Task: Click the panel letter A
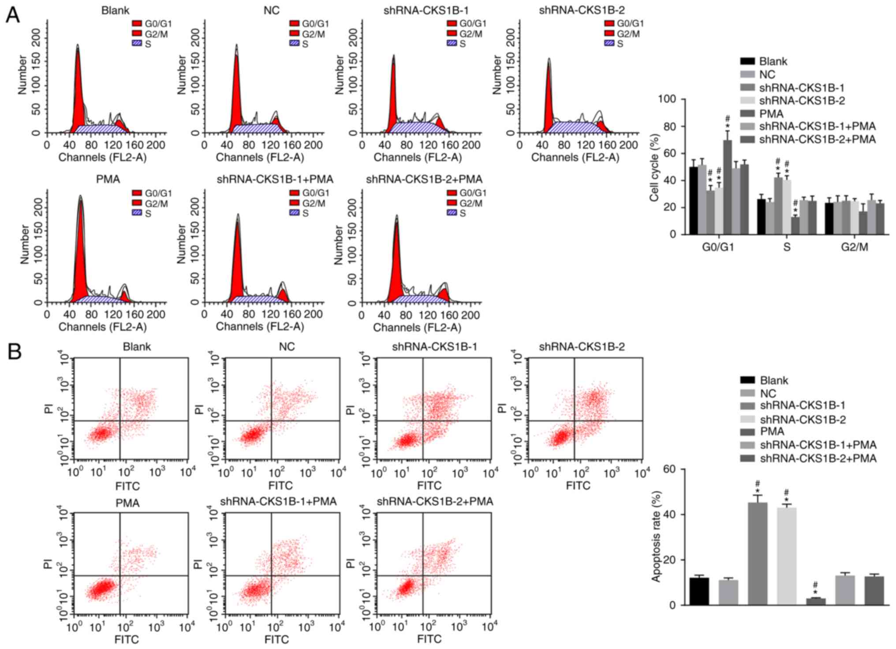pyautogui.click(x=13, y=15)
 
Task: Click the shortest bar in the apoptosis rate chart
pyautogui.click(x=816, y=601)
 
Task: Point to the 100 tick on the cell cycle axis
pyautogui.click(x=666, y=99)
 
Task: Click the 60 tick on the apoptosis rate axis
pyautogui.click(x=668, y=469)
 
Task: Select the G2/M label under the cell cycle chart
pyautogui.click(x=854, y=247)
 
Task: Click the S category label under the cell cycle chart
pyautogui.click(x=787, y=247)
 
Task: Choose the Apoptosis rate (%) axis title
pyautogui.click(x=656, y=536)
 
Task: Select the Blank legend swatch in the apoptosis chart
pyautogui.click(x=748, y=380)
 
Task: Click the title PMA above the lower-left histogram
pyautogui.click(x=108, y=179)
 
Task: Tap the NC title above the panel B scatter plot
pyautogui.click(x=287, y=347)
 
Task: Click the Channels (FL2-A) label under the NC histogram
pyautogui.click(x=260, y=157)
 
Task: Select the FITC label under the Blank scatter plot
pyautogui.click(x=127, y=486)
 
